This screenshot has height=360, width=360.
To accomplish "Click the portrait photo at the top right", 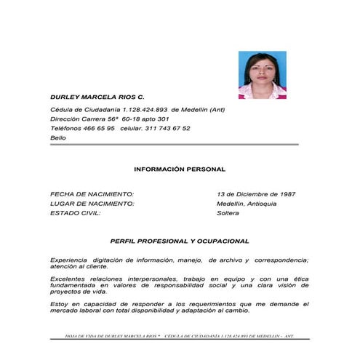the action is point(262,74).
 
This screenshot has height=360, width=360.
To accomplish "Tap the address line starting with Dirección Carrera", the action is point(109,119).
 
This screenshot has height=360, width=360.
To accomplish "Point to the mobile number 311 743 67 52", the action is point(166,128).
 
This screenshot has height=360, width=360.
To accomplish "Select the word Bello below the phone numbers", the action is point(57,137).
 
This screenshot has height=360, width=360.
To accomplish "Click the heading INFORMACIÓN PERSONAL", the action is point(180,169).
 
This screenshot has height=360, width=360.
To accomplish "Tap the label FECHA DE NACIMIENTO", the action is point(92,194).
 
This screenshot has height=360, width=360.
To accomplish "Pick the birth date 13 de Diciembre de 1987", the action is point(255,194).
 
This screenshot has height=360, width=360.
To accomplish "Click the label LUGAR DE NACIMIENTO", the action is point(92,204).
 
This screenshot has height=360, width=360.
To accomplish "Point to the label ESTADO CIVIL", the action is point(75,213).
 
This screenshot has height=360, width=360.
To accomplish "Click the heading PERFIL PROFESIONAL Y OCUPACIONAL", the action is point(180,240).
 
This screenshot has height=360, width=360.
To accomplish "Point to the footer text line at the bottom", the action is point(180,337).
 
